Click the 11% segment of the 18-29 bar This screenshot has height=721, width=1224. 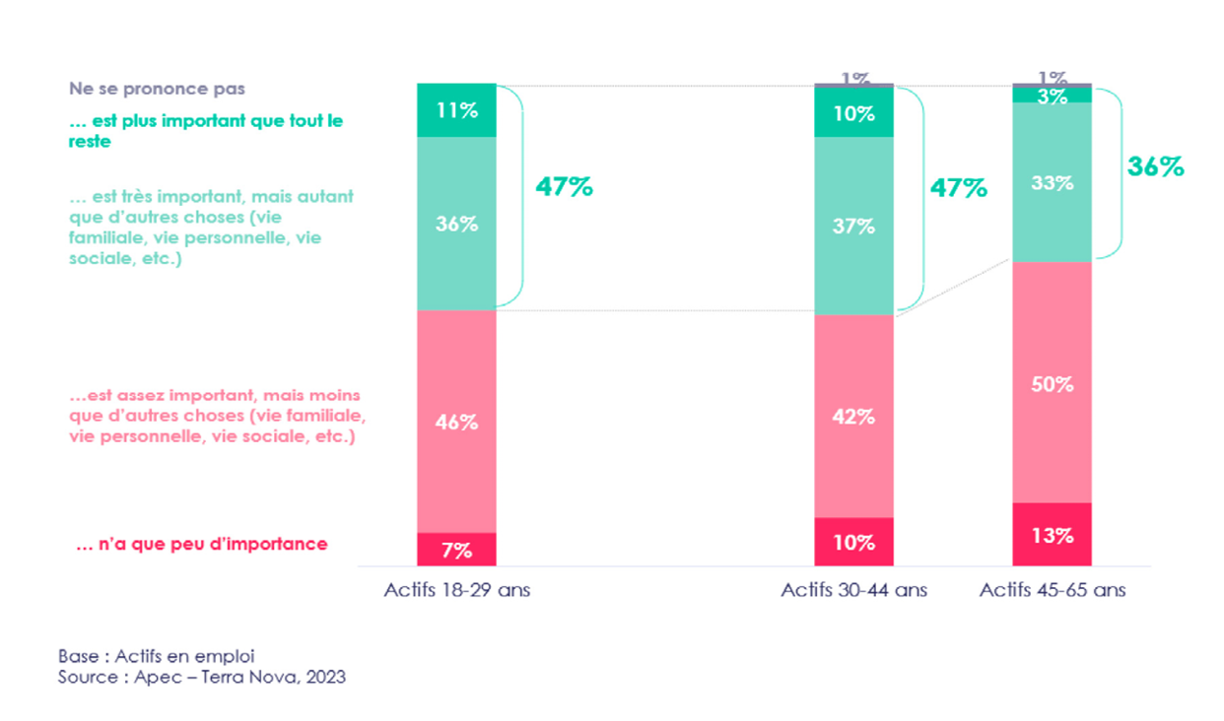tap(456, 110)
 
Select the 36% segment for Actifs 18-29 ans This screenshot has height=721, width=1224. tap(456, 224)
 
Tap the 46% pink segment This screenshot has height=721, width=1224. tap(456, 422)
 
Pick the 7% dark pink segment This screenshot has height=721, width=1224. tap(456, 550)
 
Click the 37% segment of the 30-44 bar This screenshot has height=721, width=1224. tap(853, 226)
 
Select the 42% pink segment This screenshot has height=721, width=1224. tap(853, 416)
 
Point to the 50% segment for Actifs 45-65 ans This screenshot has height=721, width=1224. tap(1053, 383)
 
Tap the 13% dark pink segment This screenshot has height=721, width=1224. tap(1053, 535)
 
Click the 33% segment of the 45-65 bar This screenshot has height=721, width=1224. tap(1053, 182)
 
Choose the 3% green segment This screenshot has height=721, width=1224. tap(1053, 96)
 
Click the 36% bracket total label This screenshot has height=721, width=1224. tap(1155, 167)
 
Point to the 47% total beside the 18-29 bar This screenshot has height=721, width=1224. tap(564, 187)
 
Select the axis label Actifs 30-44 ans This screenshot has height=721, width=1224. tap(853, 591)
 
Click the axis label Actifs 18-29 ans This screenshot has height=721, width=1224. tap(456, 591)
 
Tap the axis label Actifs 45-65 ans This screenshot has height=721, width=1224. tap(1053, 591)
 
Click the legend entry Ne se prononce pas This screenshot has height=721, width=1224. tap(157, 89)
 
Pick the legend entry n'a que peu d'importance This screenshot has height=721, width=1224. tap(201, 544)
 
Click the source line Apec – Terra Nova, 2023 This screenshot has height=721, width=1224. tap(201, 677)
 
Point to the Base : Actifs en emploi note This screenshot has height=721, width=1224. tap(157, 655)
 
